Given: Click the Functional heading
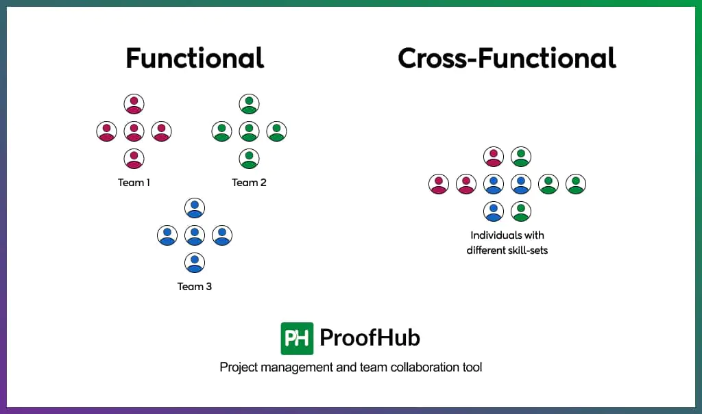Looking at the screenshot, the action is click(x=195, y=58).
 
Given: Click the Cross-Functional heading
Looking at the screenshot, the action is click(x=507, y=58).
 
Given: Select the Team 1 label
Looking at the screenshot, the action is click(x=134, y=183).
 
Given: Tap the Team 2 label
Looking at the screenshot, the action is click(x=249, y=183).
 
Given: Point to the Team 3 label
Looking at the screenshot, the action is click(x=194, y=287).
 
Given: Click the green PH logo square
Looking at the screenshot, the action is click(x=297, y=339).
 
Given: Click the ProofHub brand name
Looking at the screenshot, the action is click(x=370, y=337).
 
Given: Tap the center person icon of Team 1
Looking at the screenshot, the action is click(x=134, y=131).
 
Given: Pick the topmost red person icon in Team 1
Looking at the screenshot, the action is click(x=134, y=104).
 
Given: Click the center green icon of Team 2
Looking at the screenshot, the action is click(x=249, y=131).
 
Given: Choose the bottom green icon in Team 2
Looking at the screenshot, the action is click(x=249, y=159).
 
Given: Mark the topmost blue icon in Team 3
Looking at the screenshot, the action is click(x=194, y=208).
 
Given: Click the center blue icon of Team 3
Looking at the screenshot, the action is click(x=194, y=235).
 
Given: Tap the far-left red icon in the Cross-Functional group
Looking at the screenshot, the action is click(x=439, y=184).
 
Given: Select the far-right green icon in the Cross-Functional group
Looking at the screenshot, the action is click(x=576, y=184).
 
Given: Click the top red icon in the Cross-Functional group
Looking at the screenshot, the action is click(x=494, y=157).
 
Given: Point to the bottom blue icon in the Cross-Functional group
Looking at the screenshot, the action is click(x=494, y=211).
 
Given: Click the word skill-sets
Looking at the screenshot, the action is click(x=531, y=250).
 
